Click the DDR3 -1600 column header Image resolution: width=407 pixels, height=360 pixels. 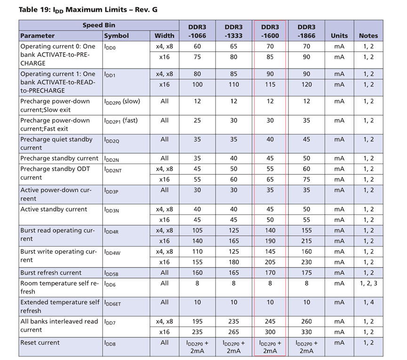(270, 31)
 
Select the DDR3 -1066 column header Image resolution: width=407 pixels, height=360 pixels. (197, 31)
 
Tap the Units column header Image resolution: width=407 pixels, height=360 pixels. (339, 36)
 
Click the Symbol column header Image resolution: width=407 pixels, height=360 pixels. (116, 36)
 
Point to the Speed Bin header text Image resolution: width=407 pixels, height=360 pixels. (99, 25)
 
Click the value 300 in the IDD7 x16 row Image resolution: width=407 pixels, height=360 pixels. (270, 332)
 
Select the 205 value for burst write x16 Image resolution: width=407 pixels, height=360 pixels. (270, 262)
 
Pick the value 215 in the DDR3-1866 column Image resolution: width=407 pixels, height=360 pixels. (307, 241)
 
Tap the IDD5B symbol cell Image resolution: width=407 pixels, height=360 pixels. (112, 273)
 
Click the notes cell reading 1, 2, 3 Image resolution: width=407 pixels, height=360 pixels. (368, 283)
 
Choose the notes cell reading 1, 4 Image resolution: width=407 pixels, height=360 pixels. (368, 302)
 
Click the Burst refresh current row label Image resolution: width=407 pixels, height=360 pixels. (51, 273)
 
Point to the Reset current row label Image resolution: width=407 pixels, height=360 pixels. (40, 343)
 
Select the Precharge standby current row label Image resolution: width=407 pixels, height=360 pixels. (59, 158)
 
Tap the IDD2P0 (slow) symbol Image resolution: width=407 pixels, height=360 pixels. (122, 102)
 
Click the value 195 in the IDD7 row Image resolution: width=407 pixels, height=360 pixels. (197, 321)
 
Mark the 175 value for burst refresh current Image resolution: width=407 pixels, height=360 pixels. (307, 273)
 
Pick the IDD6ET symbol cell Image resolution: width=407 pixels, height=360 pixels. (112, 303)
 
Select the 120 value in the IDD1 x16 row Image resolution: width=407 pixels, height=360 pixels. (307, 85)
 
